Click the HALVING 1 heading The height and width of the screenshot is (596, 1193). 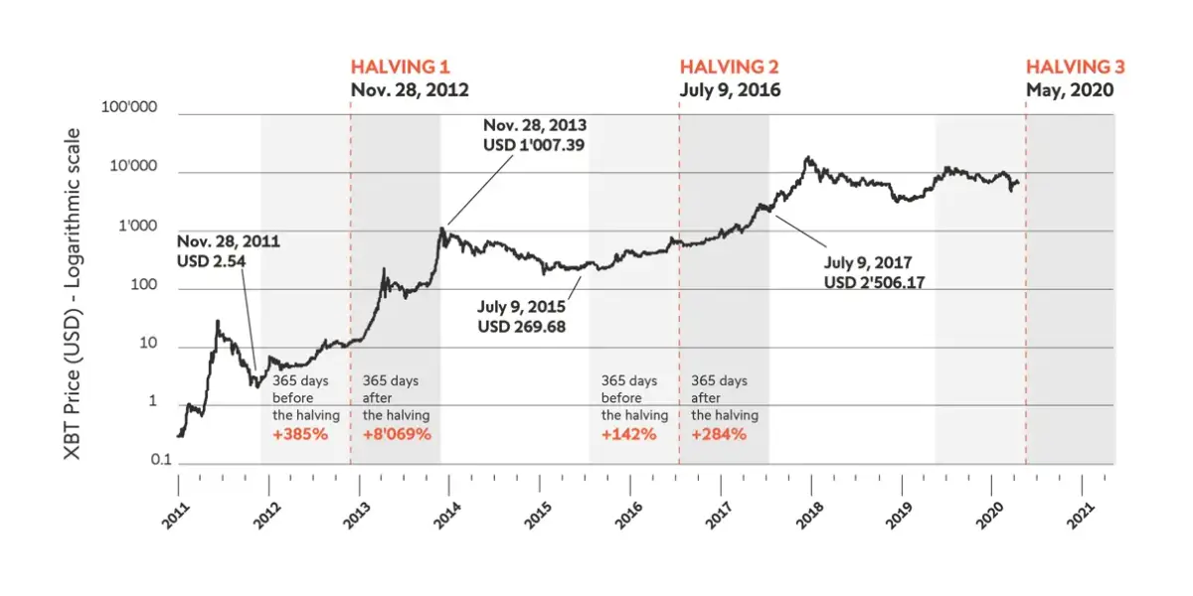pyautogui.click(x=400, y=68)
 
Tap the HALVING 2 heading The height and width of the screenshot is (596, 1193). pyautogui.click(x=729, y=68)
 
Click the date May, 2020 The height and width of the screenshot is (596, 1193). pyautogui.click(x=1070, y=89)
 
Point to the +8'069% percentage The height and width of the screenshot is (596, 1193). pyautogui.click(x=397, y=434)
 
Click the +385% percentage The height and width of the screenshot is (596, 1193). pyautogui.click(x=299, y=434)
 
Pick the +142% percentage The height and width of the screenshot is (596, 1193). pyautogui.click(x=629, y=434)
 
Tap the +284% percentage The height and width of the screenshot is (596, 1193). pyautogui.click(x=719, y=434)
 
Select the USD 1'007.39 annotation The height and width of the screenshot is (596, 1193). pyautogui.click(x=535, y=146)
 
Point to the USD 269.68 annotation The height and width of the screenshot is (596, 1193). pyautogui.click(x=522, y=326)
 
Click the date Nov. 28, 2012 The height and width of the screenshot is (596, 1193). pyautogui.click(x=410, y=89)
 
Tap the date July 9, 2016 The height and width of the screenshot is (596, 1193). pyautogui.click(x=730, y=89)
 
